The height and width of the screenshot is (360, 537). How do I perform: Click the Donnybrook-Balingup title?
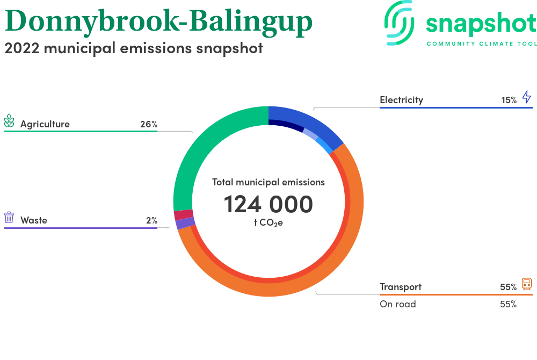[x=158, y=22]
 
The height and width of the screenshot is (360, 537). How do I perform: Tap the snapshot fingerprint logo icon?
[x=399, y=23]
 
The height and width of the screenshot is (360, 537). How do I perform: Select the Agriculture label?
[x=45, y=124]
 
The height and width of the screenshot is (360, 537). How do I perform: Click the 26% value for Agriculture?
[x=149, y=124]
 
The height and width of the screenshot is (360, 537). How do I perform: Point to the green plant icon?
[x=9, y=120]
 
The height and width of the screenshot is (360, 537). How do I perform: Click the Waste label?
[x=33, y=220]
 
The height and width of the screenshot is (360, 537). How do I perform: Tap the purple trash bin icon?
[x=9, y=218]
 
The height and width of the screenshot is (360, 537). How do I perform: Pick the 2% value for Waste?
[x=152, y=220]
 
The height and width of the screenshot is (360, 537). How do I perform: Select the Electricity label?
[x=401, y=100]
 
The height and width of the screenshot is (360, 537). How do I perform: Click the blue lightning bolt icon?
[x=527, y=97]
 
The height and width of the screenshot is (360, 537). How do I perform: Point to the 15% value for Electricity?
[x=509, y=100]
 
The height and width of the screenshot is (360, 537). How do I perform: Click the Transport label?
[x=401, y=287]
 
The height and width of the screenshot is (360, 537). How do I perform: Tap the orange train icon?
[x=527, y=284]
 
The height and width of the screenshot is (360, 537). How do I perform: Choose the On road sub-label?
[x=397, y=304]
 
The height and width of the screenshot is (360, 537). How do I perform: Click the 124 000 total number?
[x=268, y=204]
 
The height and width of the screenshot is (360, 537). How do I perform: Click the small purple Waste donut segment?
[x=185, y=224]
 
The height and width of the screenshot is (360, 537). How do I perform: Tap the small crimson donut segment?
[x=184, y=215]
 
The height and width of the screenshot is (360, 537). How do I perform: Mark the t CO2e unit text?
[x=268, y=222]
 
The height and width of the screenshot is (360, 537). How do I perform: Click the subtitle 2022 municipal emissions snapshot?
[x=134, y=48]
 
